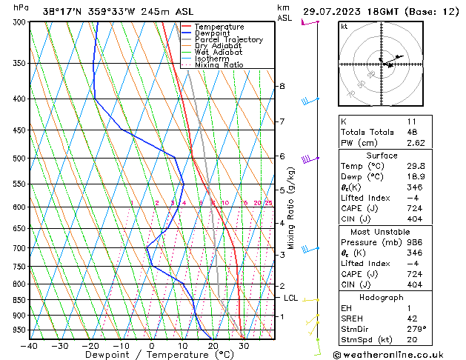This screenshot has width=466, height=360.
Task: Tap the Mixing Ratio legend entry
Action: pos(219,65)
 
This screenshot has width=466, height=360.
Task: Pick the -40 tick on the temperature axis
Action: pos(30,345)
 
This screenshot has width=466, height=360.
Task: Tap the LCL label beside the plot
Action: pos(290,298)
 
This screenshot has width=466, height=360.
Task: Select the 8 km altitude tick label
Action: pos(282,87)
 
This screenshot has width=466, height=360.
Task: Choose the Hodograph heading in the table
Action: pos(382,297)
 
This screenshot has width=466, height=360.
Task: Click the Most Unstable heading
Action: pos(382,231)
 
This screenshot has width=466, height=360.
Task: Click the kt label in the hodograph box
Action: pos(344,27)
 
